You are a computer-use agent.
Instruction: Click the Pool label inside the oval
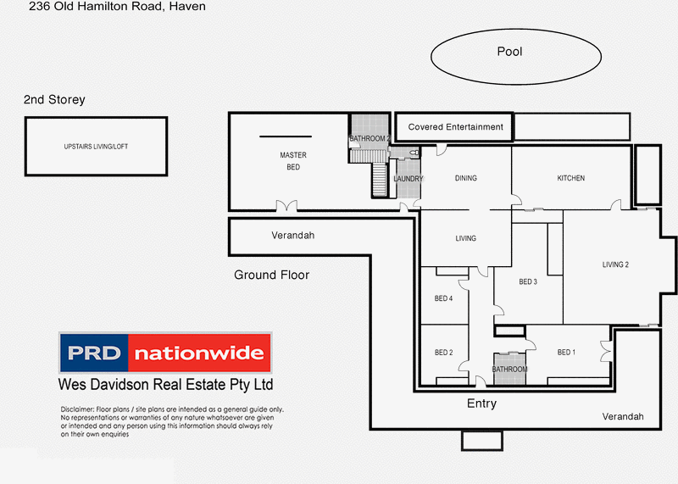point(509,52)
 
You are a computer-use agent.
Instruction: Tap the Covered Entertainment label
point(455,127)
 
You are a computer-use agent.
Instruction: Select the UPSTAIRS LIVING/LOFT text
point(97,147)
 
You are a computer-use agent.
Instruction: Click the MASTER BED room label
point(293,161)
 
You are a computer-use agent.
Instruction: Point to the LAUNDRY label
point(408,179)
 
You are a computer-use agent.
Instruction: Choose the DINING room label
point(465,178)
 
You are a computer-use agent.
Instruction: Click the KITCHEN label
point(570,178)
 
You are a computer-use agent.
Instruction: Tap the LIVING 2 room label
point(615,265)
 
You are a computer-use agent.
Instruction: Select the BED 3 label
point(529,281)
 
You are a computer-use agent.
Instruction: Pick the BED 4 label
point(444,298)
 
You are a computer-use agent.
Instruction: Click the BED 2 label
point(444,353)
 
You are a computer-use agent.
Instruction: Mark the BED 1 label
point(566,353)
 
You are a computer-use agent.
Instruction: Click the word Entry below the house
point(481,404)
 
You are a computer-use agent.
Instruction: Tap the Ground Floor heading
point(271,275)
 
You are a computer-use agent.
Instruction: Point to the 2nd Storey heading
point(54,100)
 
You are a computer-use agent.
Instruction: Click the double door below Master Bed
point(287,206)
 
